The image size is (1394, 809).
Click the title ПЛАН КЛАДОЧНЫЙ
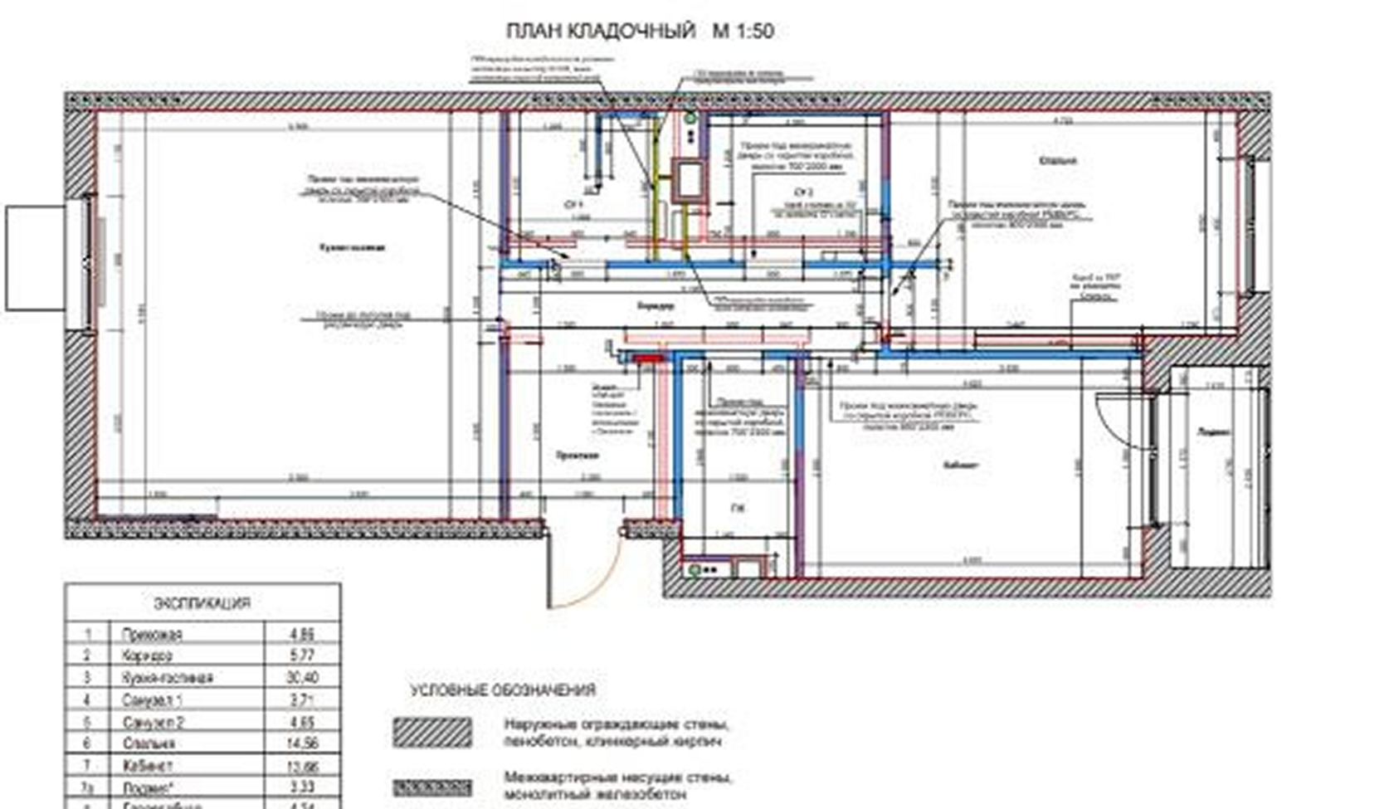click(x=600, y=32)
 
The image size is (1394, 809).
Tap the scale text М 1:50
click(x=743, y=32)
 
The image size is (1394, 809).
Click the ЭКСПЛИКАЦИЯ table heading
click(x=202, y=603)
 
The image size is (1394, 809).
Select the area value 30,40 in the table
click(x=302, y=678)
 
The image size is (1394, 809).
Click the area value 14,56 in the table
click(x=302, y=743)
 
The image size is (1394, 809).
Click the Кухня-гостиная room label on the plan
click(x=353, y=247)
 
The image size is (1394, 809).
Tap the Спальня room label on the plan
click(x=1057, y=160)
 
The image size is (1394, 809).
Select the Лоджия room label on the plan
click(x=1214, y=431)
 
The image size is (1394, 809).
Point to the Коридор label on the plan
click(x=656, y=305)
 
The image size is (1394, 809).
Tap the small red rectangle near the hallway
click(x=648, y=358)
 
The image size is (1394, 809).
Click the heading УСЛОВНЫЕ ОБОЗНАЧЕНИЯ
click(x=502, y=690)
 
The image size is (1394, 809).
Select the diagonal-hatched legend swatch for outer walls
click(x=431, y=732)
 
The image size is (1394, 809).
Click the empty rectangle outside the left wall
click(x=36, y=258)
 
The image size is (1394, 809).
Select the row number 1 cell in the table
click(x=88, y=635)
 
